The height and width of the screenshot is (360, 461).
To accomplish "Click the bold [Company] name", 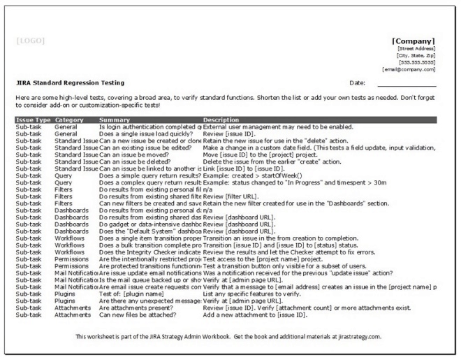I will (x=414, y=41).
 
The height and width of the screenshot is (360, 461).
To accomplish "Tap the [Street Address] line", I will (x=417, y=48).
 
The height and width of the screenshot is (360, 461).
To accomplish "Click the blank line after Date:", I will (x=406, y=84).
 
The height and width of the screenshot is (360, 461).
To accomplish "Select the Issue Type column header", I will (x=33, y=120).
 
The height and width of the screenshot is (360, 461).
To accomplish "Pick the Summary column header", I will (x=115, y=120).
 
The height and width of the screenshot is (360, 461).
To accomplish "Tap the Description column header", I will (x=221, y=120).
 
